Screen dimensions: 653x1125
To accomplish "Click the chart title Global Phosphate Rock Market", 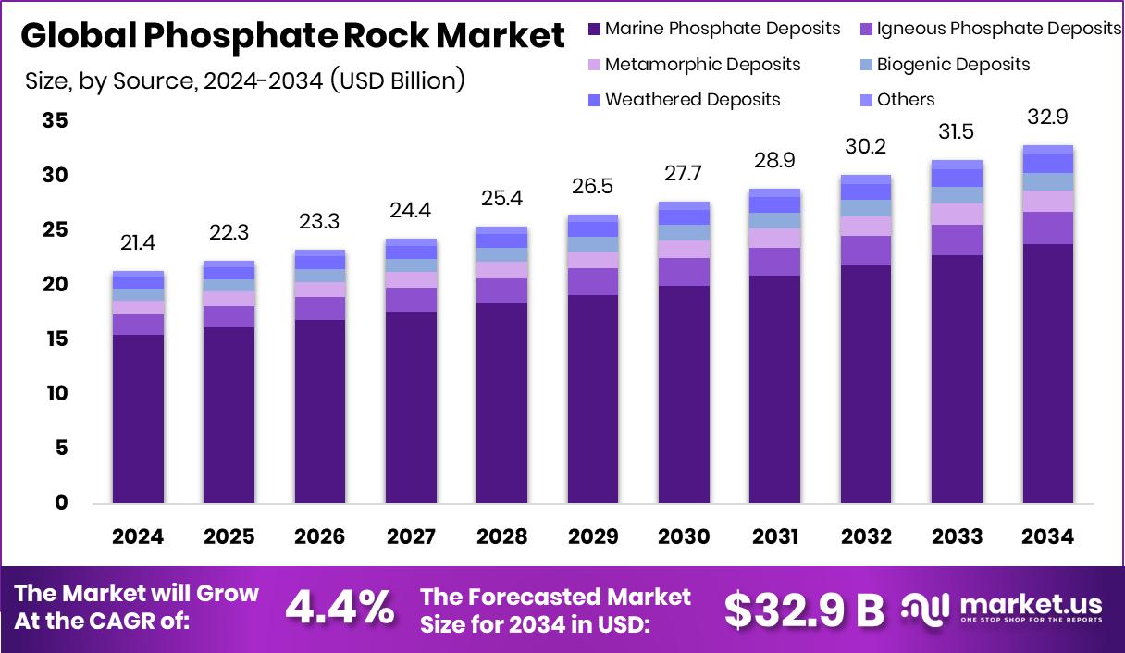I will coord(292,36).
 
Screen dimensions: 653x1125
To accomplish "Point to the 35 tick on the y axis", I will coord(55,121).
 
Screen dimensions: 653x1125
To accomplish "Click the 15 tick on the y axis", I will coord(55,339).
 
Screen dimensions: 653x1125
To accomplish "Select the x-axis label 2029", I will coord(593,537).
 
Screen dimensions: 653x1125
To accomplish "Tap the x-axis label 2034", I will coord(1047,537).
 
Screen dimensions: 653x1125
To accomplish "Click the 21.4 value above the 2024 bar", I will coord(138,243).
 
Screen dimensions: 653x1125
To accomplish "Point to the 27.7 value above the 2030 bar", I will coord(684,174).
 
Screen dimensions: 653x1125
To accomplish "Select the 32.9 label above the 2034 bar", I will coord(1047,117).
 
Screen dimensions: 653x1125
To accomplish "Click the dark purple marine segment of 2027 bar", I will coord(411,407).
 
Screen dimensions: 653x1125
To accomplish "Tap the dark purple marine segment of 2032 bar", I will coord(866,384).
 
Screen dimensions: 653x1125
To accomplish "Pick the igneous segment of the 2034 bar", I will coord(1047,228).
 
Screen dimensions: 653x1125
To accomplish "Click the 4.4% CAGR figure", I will coord(339,609).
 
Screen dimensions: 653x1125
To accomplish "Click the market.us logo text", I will coord(1031,605).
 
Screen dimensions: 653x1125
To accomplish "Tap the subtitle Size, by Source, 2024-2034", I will coord(244,80).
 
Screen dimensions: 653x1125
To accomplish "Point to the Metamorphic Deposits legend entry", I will coord(702,65).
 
